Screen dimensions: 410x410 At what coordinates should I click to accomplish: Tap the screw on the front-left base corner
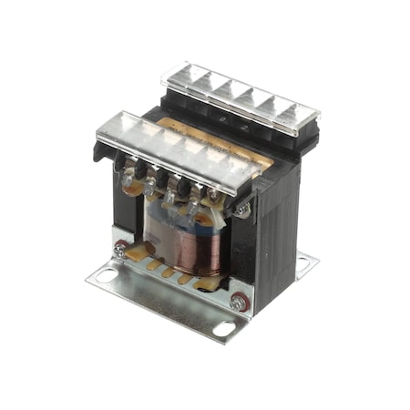[x=119, y=245]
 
